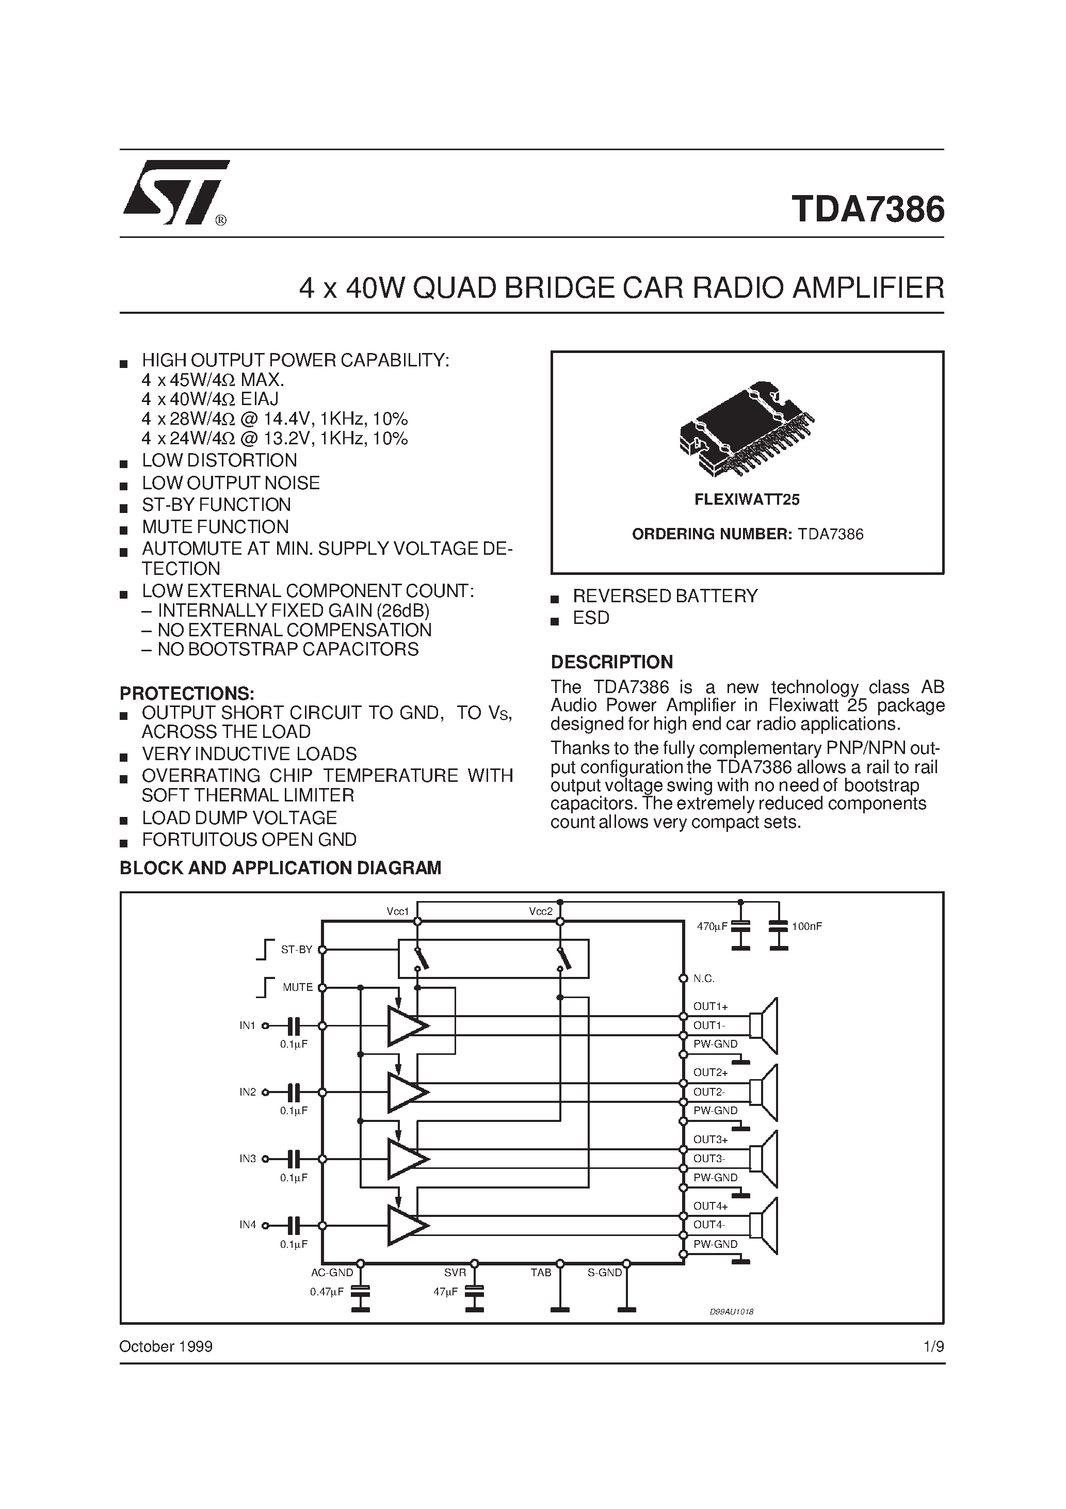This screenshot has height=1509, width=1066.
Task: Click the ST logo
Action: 176,192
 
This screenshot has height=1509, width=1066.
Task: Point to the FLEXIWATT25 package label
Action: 747,500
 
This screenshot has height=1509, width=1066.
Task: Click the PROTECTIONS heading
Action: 187,694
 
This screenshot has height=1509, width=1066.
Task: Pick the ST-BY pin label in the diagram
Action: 296,950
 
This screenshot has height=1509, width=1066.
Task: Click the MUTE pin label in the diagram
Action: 297,987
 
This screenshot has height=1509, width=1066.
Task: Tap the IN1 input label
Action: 247,1025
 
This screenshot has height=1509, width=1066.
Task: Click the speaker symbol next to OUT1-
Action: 764,1025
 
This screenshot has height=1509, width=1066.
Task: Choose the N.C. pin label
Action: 704,978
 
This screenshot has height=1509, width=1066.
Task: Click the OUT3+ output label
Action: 710,1139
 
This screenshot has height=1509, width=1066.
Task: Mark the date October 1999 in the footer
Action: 166,1346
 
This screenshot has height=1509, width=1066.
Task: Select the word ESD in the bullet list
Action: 591,618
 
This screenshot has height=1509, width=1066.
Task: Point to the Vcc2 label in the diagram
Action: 540,911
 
